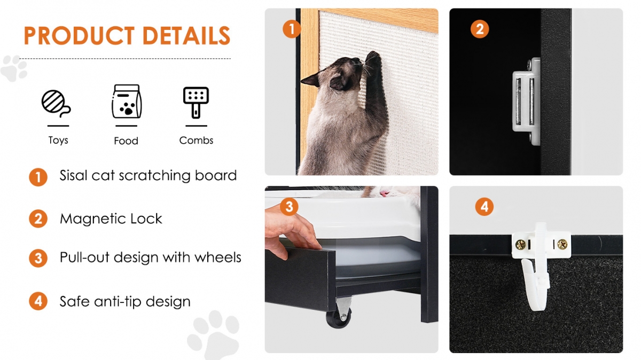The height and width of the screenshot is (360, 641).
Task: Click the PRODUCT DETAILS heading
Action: [x=127, y=35]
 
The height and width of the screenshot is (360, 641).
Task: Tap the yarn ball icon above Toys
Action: [x=56, y=103]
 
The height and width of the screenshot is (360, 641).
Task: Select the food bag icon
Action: [x=127, y=101]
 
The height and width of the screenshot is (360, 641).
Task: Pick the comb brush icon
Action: [x=196, y=102]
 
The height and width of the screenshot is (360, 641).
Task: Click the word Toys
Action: [x=58, y=140]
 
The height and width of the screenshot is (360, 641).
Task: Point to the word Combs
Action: [x=197, y=140]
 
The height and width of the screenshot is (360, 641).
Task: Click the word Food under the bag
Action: [x=126, y=141]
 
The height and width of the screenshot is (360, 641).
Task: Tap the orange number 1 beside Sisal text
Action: [x=38, y=177]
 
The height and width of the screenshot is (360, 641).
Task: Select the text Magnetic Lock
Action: [x=111, y=218]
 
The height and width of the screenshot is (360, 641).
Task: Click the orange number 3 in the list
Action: [x=38, y=259]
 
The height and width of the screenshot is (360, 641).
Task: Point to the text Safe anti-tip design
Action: [x=125, y=301]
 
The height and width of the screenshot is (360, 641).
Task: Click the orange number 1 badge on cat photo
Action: [x=292, y=29]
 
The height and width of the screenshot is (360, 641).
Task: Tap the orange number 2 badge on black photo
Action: [x=480, y=29]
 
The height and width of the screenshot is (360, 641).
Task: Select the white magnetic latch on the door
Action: [x=526, y=101]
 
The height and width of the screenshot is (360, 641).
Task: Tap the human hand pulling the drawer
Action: [x=292, y=233]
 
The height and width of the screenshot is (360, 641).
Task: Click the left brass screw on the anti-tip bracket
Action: [x=520, y=245]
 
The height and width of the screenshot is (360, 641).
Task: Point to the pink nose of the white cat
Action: [x=384, y=194]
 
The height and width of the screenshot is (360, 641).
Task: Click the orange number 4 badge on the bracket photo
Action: [x=484, y=207]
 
